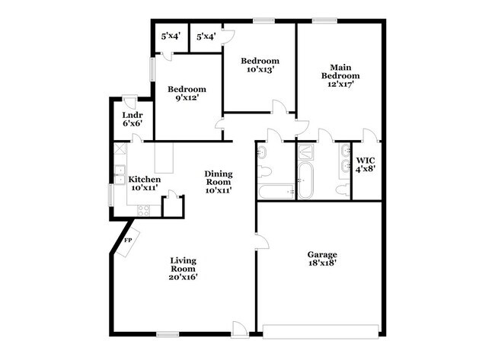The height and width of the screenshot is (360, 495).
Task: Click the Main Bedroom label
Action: [340, 75]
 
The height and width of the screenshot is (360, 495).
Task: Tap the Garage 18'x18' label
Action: [322, 259]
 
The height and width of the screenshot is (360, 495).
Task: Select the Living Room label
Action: [183, 269]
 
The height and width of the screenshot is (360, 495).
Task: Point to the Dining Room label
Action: [218, 182]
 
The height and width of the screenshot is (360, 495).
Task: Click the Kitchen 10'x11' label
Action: [143, 183]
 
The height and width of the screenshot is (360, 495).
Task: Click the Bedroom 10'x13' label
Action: [260, 65]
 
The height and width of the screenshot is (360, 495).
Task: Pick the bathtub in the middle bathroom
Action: [305, 181]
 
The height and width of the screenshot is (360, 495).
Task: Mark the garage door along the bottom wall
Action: [320, 330]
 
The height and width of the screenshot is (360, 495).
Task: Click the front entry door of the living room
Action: [240, 329]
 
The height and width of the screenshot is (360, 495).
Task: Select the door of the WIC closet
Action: [370, 135]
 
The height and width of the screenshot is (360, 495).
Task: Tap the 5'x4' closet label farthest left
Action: [169, 36]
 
